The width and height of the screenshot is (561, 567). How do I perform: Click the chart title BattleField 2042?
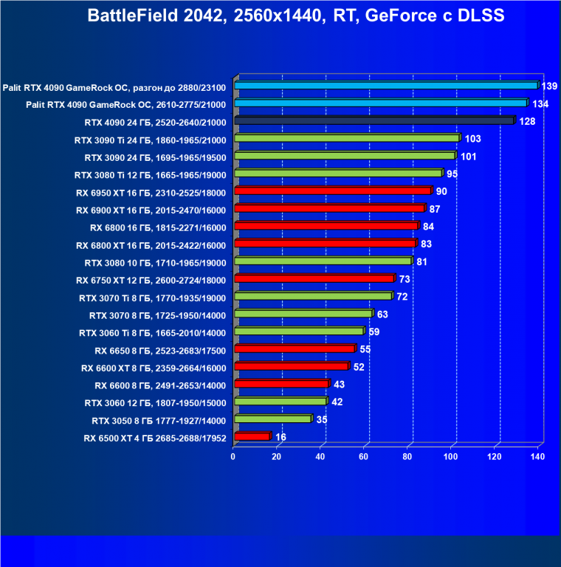296,16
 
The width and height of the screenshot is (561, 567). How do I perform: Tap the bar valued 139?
385,86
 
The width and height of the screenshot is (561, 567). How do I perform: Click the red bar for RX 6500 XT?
252,437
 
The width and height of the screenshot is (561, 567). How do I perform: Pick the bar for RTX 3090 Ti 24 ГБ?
346,139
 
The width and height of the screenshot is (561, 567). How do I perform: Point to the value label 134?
540,104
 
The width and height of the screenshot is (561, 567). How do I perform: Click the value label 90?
441,192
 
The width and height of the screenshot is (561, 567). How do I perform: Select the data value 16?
280,437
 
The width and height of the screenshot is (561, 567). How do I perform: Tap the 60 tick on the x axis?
364,457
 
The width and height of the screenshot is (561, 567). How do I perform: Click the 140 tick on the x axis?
537,457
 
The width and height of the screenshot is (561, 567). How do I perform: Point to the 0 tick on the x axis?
233,457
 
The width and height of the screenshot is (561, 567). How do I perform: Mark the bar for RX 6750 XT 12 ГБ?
314,279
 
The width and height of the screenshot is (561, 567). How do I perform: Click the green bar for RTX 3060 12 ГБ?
280,402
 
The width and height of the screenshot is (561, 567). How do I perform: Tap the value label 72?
402,297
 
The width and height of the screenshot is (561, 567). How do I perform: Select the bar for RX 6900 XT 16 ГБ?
329,209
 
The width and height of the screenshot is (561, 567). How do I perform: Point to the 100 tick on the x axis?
451,457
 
